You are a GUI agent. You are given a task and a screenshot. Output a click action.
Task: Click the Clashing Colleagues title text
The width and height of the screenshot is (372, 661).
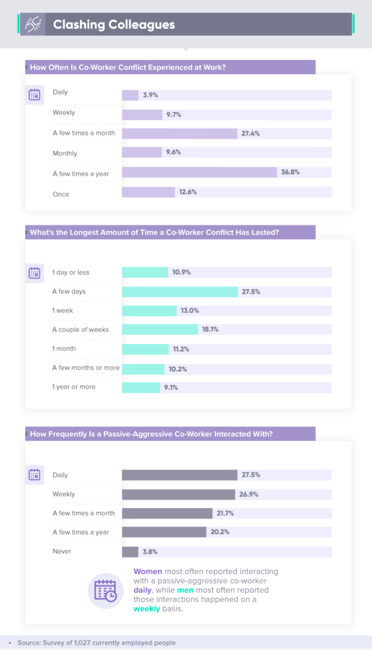point(114,25)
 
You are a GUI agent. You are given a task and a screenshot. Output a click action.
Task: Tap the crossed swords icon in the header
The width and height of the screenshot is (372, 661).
point(32,25)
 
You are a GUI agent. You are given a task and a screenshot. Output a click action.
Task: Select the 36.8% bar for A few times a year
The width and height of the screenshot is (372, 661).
point(199,172)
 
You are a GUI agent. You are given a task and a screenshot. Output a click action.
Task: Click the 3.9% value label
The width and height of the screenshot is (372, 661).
point(150,95)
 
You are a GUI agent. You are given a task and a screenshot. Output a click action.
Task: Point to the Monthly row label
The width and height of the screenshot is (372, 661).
point(65,154)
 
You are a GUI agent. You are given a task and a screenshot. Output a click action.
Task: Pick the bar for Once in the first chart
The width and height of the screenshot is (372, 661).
point(149,192)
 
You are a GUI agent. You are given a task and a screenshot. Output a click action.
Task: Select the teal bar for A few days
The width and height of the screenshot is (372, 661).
point(180,292)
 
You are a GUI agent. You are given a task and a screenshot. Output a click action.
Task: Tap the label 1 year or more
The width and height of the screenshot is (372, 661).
point(73,387)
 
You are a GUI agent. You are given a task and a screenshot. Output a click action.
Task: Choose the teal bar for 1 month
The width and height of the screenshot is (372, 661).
point(145,349)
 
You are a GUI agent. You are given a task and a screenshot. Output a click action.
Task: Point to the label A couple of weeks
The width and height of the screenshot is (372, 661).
point(81,330)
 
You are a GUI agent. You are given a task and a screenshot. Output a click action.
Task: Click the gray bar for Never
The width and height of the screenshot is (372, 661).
point(130,552)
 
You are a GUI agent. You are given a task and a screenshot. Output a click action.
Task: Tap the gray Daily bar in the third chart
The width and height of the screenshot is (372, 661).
point(180,475)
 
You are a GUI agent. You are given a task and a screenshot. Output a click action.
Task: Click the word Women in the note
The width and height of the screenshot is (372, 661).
point(148,571)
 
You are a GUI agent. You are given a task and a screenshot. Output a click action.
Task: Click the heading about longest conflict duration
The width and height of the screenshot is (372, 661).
point(154,233)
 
